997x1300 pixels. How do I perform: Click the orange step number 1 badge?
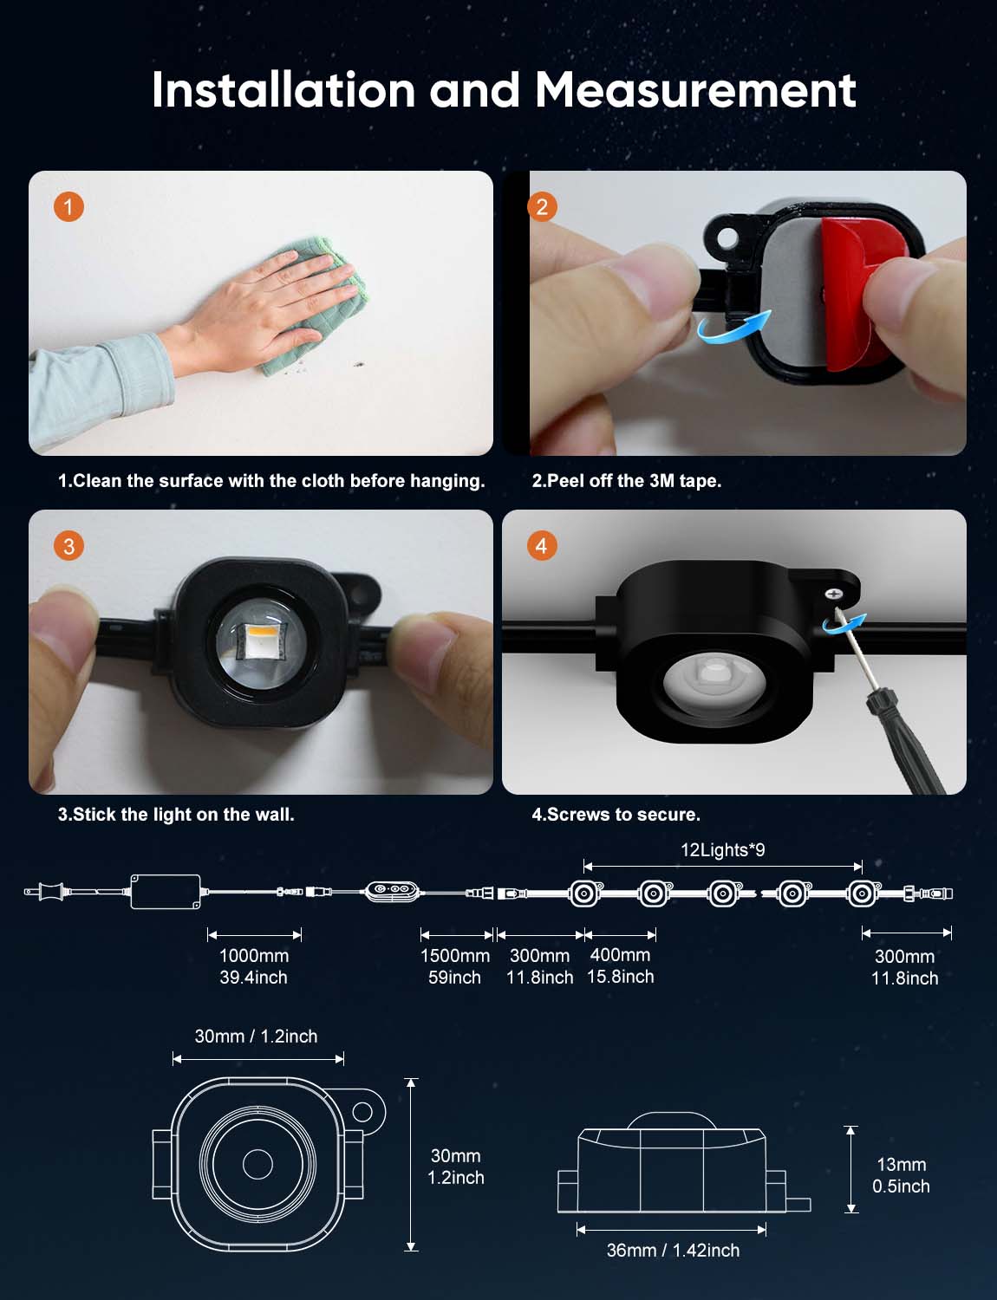(68, 207)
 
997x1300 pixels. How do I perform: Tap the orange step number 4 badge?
(542, 546)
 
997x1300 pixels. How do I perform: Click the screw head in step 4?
(833, 594)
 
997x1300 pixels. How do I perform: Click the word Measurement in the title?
(695, 90)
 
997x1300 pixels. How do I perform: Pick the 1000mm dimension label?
(254, 955)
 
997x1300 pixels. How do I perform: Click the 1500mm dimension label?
(455, 955)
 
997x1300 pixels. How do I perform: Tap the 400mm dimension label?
(620, 955)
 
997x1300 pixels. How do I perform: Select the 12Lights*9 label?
(723, 850)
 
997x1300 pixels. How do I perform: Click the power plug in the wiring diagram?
(45, 892)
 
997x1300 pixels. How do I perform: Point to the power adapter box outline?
(166, 892)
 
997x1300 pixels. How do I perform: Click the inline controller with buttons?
(391, 892)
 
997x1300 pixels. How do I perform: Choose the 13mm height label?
(902, 1164)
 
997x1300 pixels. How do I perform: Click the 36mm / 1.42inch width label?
(674, 1251)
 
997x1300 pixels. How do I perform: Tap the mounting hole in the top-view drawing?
(362, 1112)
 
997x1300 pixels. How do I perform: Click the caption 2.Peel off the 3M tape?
(627, 481)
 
